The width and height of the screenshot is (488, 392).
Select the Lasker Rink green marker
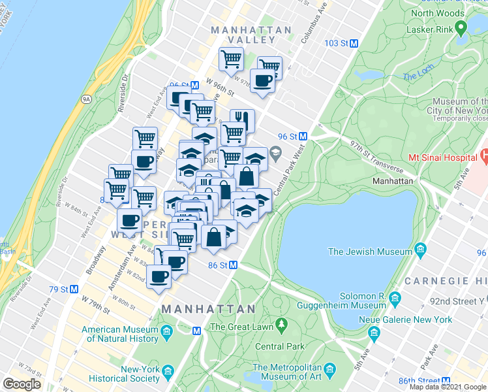pos(462,28)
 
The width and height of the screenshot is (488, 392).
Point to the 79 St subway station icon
pos(74,289)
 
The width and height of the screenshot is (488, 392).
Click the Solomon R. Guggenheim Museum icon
pos(395,299)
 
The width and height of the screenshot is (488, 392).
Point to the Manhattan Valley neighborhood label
pos(251,35)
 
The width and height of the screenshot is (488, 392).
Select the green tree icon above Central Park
pos(281,323)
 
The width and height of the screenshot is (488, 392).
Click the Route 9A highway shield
pos(86,99)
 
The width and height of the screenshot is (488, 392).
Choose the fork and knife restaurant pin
pos(241,120)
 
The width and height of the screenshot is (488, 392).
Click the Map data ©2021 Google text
pos(448,387)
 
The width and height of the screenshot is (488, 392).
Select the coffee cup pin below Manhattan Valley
pos(263,81)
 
